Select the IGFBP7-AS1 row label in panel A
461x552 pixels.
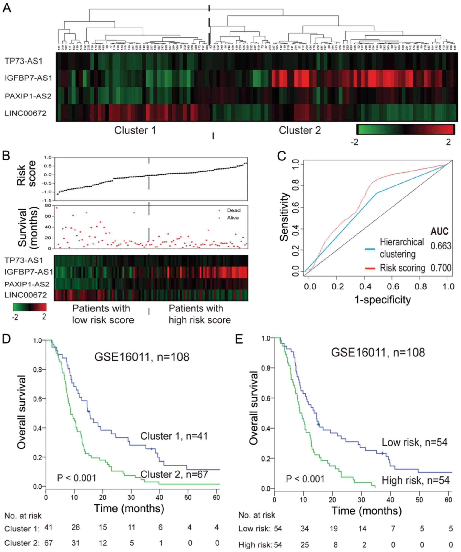pos(28,78)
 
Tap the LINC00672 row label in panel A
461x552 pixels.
pos(25,113)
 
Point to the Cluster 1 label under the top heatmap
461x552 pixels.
pos(135,130)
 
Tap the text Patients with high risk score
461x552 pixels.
pos(200,314)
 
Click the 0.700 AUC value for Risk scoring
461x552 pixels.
pos(441,268)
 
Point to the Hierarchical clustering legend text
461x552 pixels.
pos(402,248)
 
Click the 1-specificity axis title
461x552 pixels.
pos(383,300)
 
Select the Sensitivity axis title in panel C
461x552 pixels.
pos(284,217)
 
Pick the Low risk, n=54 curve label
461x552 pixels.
pos(414,442)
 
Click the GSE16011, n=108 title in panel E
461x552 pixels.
pos(378,352)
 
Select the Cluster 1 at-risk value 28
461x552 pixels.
pos(76,527)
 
